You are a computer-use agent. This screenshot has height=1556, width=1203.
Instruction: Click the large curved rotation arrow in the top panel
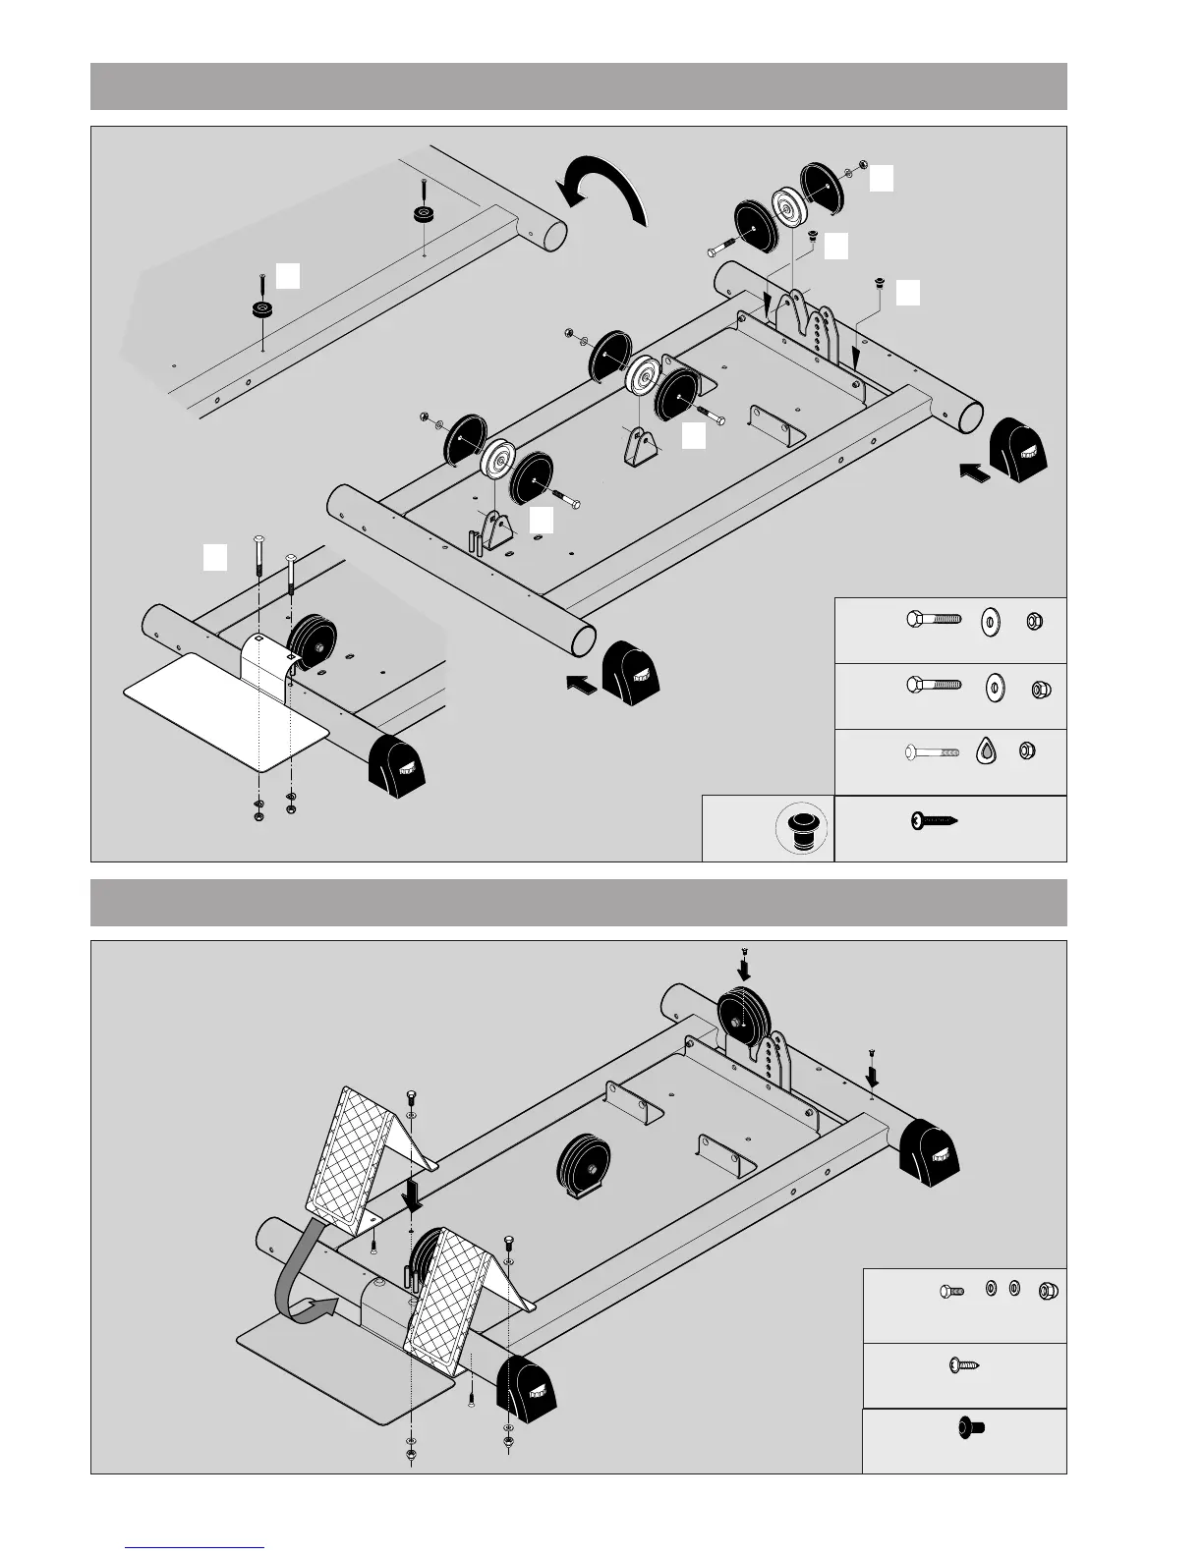[x=601, y=187]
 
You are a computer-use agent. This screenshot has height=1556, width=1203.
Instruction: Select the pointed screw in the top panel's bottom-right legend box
[x=934, y=820]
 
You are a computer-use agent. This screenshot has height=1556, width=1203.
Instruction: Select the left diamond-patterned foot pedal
[x=352, y=1154]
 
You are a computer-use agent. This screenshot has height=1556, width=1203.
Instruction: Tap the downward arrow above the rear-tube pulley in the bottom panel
[x=744, y=968]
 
